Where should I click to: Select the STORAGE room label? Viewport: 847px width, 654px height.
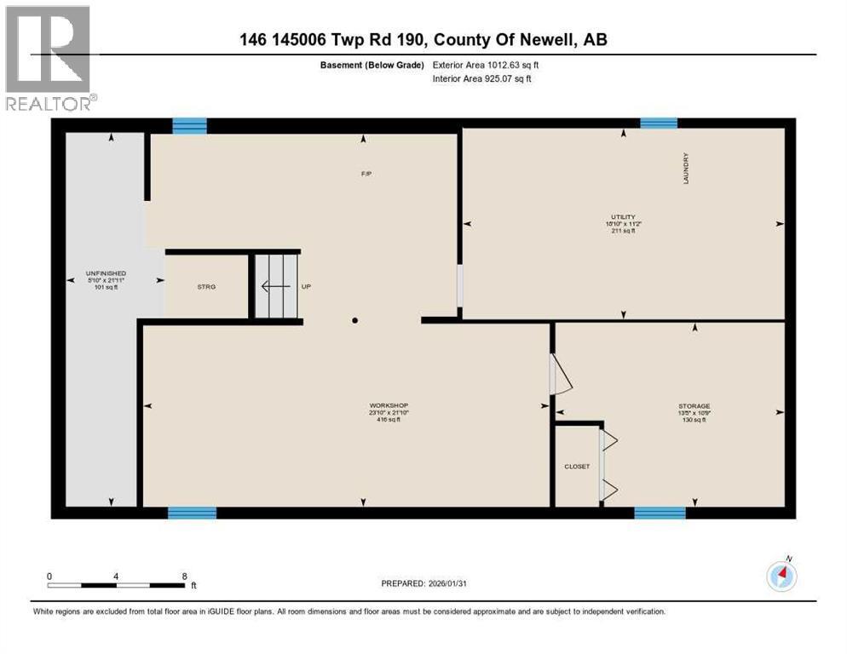click(694, 406)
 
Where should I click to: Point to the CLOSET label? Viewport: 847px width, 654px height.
click(577, 467)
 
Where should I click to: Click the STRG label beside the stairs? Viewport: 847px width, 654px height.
click(206, 287)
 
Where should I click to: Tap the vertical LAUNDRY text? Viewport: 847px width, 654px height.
click(684, 169)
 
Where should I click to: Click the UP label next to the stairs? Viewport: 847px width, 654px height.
click(306, 287)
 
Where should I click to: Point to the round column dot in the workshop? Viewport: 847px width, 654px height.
click(355, 321)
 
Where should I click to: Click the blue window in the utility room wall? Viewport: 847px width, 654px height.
click(659, 123)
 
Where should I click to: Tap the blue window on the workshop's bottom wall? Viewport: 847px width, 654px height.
click(192, 513)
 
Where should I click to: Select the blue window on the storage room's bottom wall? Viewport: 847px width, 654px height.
click(660, 513)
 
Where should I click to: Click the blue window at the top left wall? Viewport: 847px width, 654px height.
click(189, 126)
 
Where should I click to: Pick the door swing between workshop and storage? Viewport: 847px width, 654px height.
click(561, 375)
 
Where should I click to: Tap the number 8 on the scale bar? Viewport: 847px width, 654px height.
click(184, 576)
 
